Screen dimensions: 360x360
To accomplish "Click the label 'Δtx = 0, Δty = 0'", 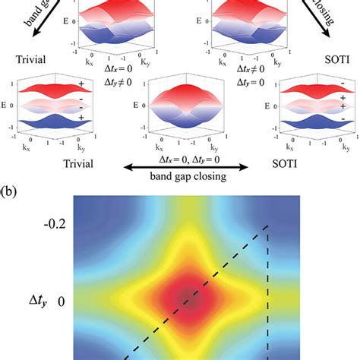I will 181,153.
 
